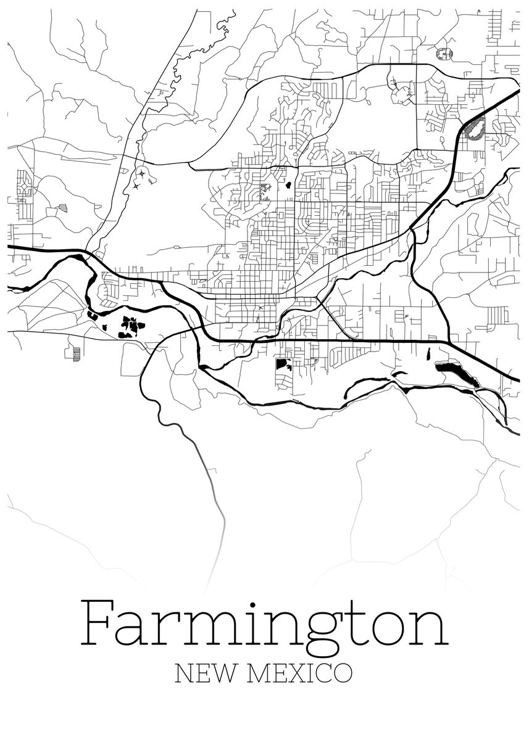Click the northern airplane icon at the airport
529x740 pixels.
pyautogui.click(x=143, y=175)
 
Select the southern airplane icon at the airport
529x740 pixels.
pyautogui.click(x=135, y=186)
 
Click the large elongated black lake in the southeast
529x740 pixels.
pyautogui.click(x=457, y=373)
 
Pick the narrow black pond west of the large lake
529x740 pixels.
pyautogui.click(x=427, y=354)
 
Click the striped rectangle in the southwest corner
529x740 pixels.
pyautogui.click(x=77, y=353)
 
